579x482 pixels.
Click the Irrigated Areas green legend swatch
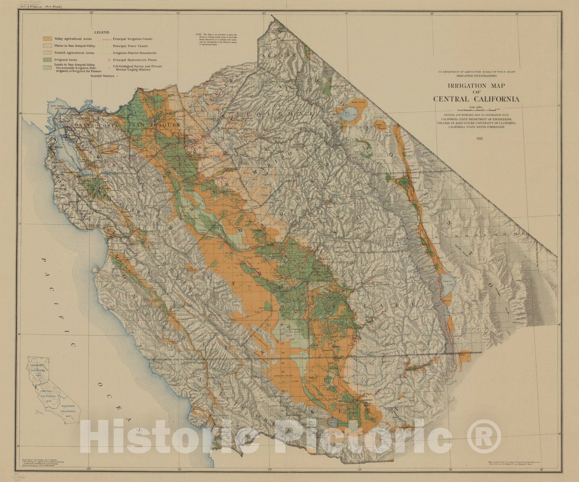coord(47,60)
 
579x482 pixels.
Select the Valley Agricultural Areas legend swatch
coord(47,39)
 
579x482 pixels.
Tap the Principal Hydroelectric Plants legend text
coord(135,60)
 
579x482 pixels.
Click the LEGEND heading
coord(101,33)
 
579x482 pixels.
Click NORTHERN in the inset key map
coord(37,365)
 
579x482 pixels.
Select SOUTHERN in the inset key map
coord(68,406)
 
